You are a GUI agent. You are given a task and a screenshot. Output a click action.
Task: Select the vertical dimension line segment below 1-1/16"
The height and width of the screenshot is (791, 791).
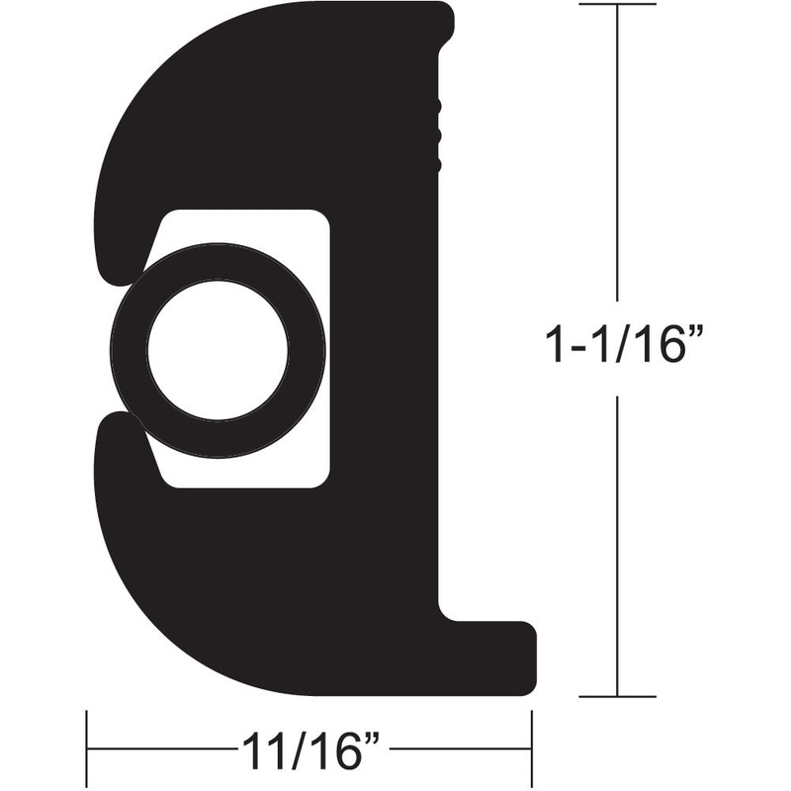(617, 544)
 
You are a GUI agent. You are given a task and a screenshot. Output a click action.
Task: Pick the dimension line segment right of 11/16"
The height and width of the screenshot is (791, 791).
(460, 748)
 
